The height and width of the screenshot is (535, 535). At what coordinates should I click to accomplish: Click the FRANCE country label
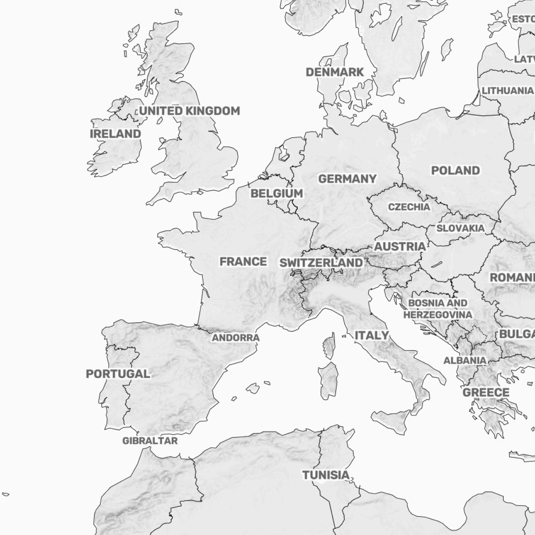pyautogui.click(x=243, y=262)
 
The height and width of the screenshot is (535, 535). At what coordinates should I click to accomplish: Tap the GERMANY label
pyautogui.click(x=347, y=179)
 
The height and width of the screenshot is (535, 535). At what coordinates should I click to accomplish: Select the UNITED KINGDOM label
pyautogui.click(x=189, y=111)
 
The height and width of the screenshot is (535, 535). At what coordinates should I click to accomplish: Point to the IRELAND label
pyautogui.click(x=115, y=134)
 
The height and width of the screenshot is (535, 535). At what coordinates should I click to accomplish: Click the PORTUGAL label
pyautogui.click(x=118, y=374)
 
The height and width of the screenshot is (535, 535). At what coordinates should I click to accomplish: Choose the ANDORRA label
pyautogui.click(x=235, y=338)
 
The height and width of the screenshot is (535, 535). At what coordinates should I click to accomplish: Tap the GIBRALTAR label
pyautogui.click(x=150, y=441)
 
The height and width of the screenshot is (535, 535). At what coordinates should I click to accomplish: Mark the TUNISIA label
pyautogui.click(x=326, y=475)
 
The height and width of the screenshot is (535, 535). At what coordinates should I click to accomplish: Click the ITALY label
pyautogui.click(x=371, y=335)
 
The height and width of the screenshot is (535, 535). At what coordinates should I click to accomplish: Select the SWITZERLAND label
pyautogui.click(x=321, y=263)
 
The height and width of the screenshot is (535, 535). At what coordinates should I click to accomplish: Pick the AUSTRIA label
pyautogui.click(x=399, y=247)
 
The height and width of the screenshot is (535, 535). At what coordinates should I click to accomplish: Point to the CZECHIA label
pyautogui.click(x=409, y=207)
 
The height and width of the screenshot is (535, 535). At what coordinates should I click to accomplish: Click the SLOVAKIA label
pyautogui.click(x=460, y=228)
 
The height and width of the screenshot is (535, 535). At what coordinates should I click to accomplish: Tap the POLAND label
pyautogui.click(x=455, y=170)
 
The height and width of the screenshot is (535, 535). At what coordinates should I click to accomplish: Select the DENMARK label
pyautogui.click(x=334, y=72)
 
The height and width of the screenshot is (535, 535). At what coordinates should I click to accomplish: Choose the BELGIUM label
pyautogui.click(x=276, y=193)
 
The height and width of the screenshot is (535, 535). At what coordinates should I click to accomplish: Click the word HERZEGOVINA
pyautogui.click(x=437, y=315)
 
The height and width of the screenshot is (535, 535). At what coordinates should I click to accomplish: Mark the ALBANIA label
pyautogui.click(x=465, y=360)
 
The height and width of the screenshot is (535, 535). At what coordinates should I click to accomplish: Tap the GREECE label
pyautogui.click(x=486, y=393)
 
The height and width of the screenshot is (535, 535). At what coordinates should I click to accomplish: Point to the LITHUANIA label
pyautogui.click(x=507, y=91)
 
